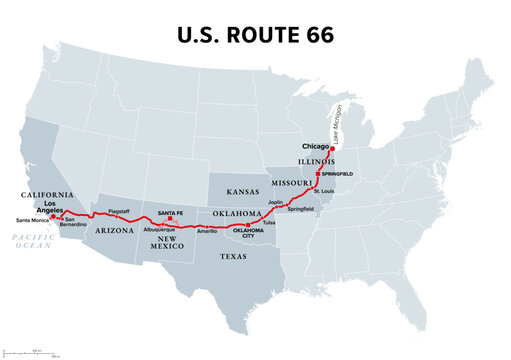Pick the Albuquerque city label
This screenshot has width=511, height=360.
pyautogui.click(x=159, y=230)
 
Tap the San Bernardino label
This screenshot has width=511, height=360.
pyautogui.click(x=76, y=223)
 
